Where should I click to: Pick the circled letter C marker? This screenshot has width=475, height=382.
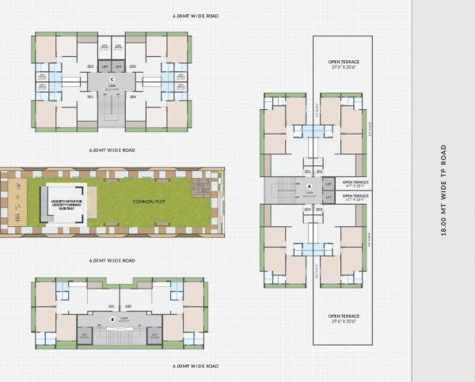coord(112,78)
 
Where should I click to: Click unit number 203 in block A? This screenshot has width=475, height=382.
coord(320,210)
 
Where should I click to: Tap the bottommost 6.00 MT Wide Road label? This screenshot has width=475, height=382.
coord(196,366)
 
